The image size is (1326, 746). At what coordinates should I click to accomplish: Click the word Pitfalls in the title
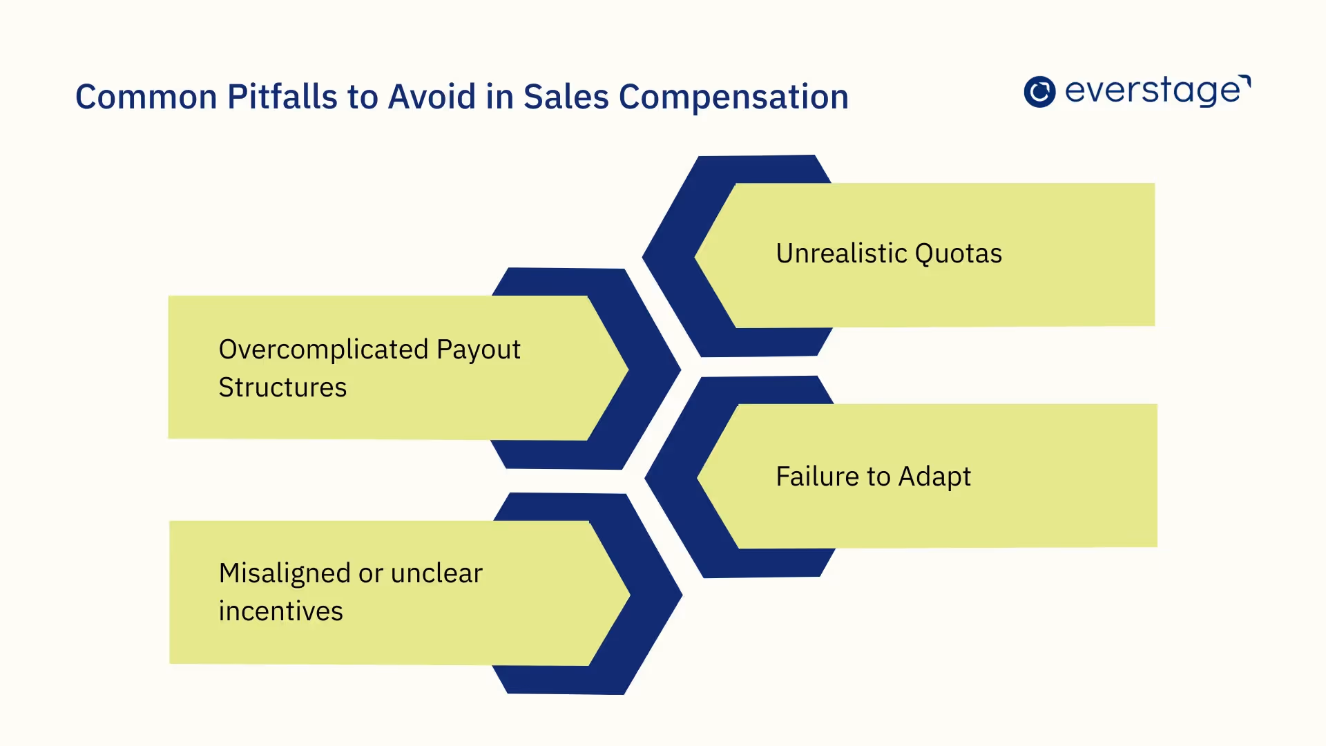click(282, 97)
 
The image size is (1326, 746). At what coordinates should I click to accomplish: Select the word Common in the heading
click(146, 97)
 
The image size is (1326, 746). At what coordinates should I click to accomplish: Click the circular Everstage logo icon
click(1039, 92)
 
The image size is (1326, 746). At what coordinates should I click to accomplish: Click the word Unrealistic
click(840, 254)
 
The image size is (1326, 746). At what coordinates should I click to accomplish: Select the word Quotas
click(958, 254)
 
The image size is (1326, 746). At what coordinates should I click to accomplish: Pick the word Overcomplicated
click(323, 350)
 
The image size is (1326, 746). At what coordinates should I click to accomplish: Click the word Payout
click(478, 350)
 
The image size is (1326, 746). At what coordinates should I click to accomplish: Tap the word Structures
click(282, 388)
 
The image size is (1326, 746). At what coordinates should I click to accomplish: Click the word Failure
click(816, 477)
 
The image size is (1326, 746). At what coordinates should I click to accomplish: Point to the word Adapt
click(934, 477)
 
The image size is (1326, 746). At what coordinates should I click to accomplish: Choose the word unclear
click(436, 573)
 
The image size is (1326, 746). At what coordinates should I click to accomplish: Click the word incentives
click(280, 611)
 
